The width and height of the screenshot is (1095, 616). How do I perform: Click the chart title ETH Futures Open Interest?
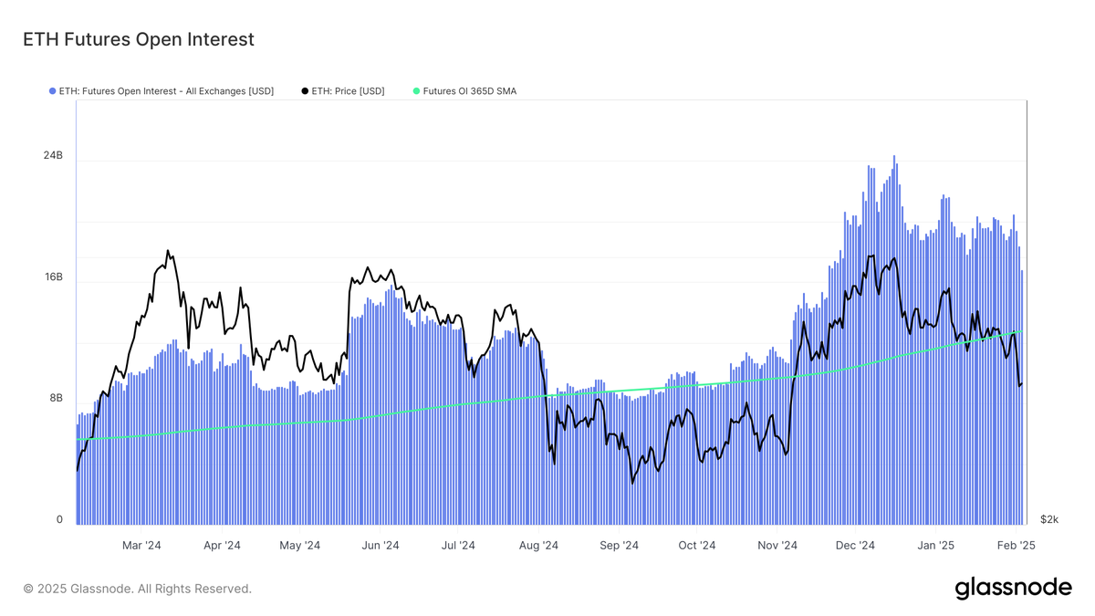(x=137, y=39)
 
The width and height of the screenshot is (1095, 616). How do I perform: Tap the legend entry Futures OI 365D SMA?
(x=464, y=91)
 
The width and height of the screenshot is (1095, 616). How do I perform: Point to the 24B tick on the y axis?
(x=54, y=156)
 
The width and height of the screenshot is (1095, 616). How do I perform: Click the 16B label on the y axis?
(x=54, y=277)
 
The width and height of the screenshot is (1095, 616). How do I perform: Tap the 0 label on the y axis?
(x=59, y=520)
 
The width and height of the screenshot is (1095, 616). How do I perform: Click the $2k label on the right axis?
(x=1049, y=520)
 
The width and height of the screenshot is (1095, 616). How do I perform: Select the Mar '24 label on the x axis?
(x=141, y=546)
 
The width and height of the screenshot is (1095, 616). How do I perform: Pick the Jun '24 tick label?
(x=381, y=546)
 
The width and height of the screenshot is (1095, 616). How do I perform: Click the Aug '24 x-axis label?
(x=538, y=546)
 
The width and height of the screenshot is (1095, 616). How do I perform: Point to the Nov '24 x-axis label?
(x=777, y=546)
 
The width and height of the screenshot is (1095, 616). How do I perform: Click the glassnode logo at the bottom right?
(x=1013, y=589)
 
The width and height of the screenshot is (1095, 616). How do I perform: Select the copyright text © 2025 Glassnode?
(x=137, y=590)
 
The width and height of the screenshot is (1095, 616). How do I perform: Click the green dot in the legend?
(x=416, y=91)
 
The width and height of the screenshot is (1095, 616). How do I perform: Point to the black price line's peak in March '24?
(x=168, y=251)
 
